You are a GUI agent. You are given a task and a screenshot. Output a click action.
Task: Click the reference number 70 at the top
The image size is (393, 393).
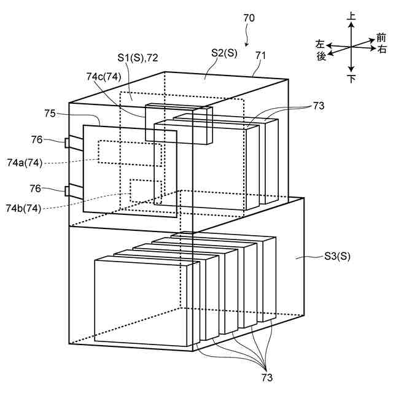[249, 18]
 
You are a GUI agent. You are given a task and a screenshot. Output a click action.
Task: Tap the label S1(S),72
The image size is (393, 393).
[138, 57]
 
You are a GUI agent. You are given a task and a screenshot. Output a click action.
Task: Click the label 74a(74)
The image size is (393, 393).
[24, 163]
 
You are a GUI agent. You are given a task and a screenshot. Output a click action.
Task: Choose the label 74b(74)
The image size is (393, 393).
[24, 209]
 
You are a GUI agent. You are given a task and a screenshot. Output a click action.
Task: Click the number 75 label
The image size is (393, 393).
[51, 113]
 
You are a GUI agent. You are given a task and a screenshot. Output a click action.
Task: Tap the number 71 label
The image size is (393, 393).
[260, 56]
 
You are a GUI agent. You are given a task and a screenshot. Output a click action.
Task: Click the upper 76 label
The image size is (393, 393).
[37, 140]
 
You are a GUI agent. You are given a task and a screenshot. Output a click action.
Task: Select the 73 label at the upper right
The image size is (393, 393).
[318, 106]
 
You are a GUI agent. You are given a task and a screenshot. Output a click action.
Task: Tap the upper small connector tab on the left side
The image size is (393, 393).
[66, 143]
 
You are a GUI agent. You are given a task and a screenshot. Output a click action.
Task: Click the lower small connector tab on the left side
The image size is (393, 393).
[66, 190]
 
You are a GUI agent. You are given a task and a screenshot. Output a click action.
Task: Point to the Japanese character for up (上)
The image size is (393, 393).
[351, 20]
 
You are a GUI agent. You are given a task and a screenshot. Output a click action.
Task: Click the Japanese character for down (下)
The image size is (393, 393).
[351, 79]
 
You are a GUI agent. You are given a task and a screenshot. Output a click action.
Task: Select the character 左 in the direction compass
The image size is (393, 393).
[321, 44]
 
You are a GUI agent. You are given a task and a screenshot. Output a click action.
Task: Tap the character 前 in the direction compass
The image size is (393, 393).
[381, 38]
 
